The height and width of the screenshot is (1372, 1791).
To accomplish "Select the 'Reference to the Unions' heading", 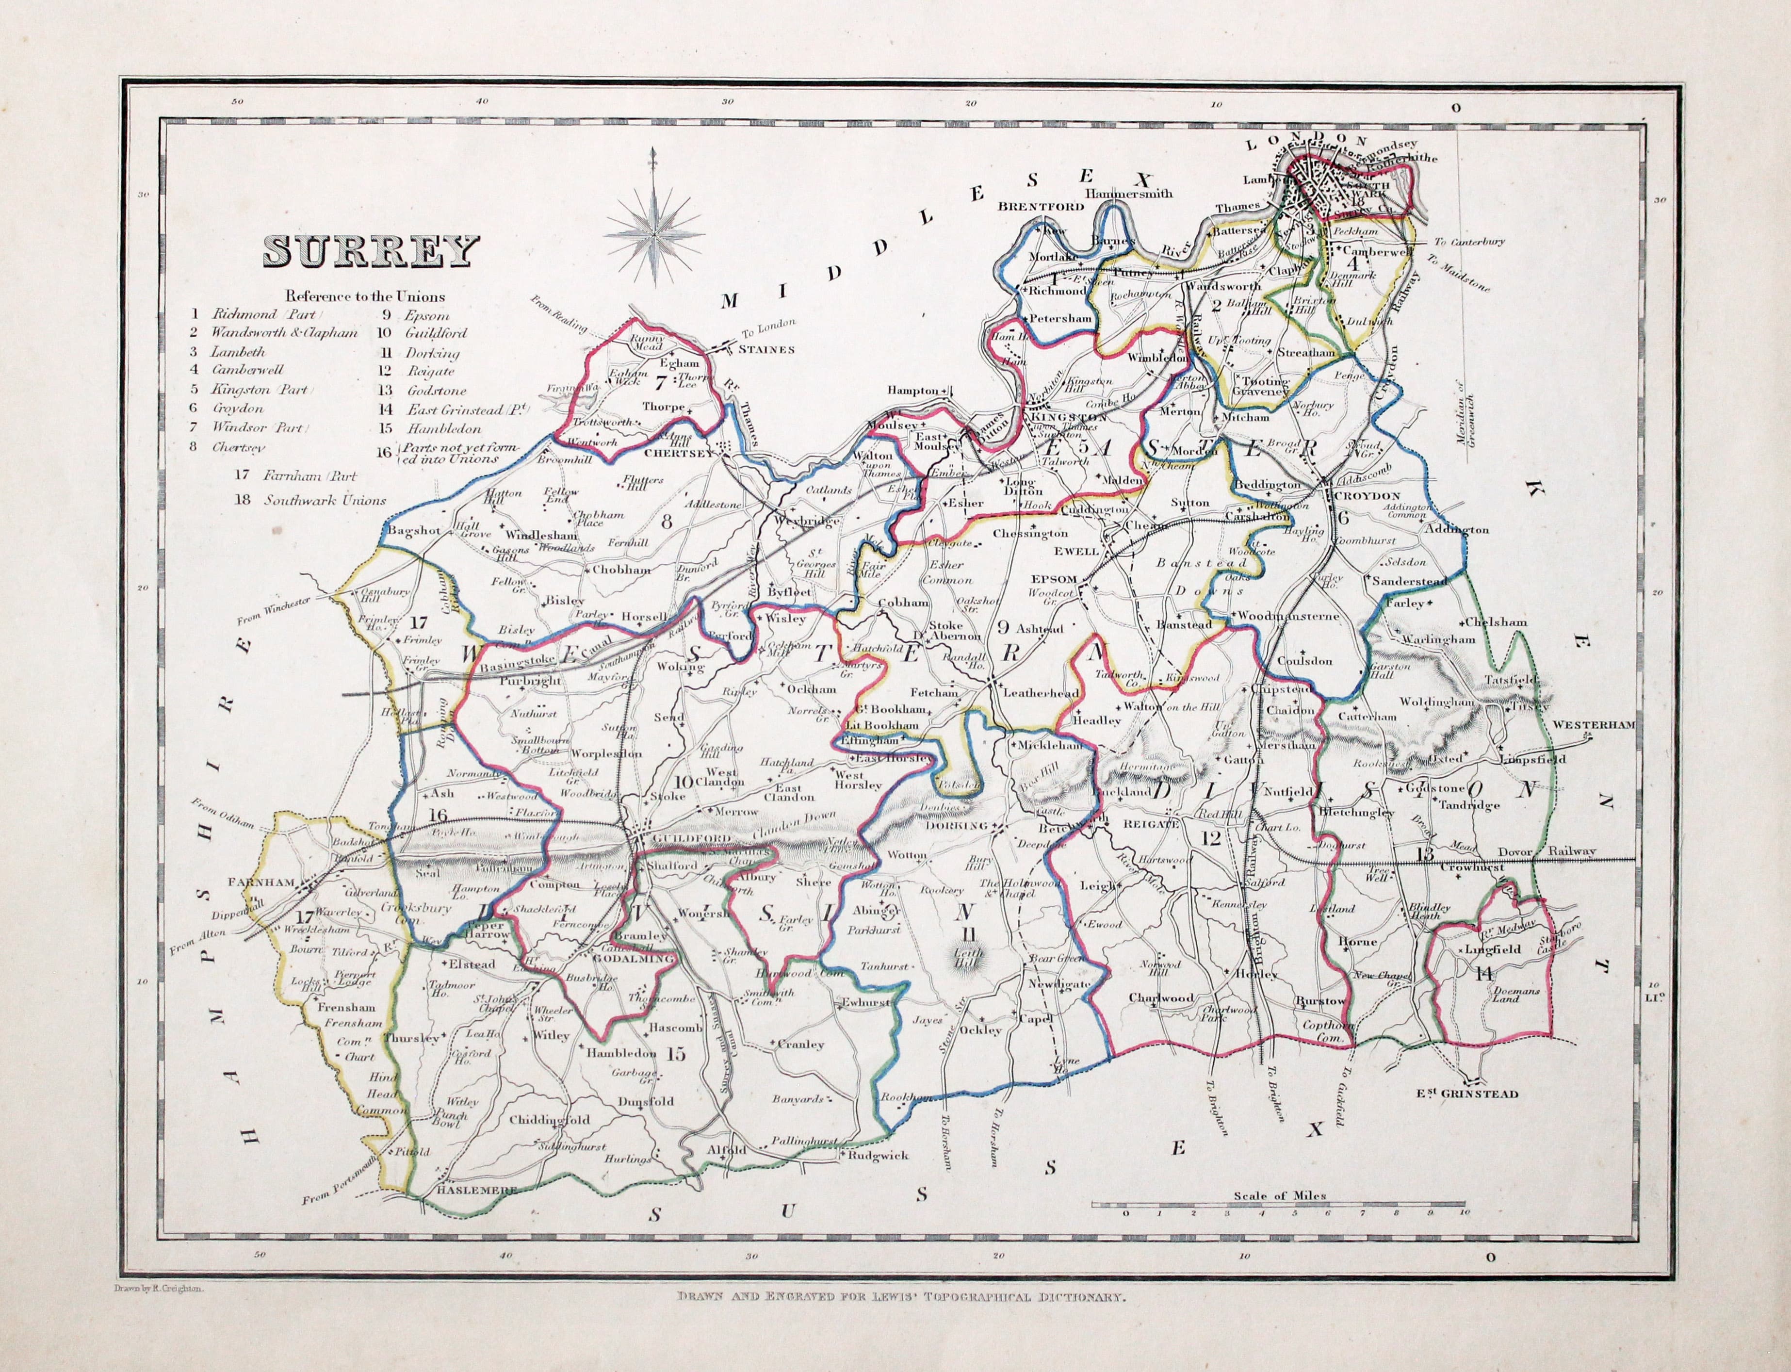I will point(365,296).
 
